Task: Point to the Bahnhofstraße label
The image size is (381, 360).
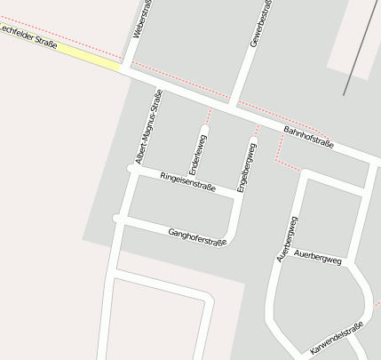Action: point(308,136)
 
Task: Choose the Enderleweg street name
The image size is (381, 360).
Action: point(196,154)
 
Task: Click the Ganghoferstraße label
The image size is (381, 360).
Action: point(196,236)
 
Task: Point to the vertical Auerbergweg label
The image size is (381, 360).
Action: point(287,237)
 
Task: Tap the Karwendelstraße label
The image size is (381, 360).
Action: point(337,339)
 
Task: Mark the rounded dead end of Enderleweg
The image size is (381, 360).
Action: point(203,131)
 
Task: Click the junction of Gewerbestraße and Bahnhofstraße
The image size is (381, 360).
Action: point(234,105)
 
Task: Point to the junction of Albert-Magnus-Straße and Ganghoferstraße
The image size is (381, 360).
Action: point(118,219)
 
